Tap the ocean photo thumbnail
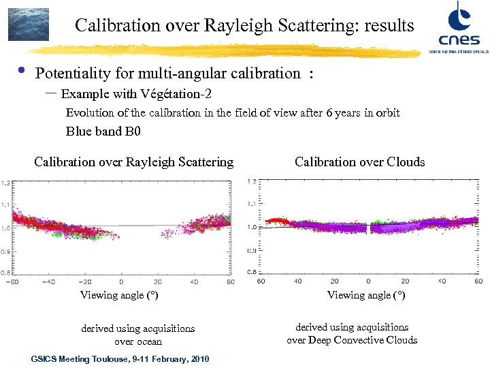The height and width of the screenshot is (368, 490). click(x=28, y=25)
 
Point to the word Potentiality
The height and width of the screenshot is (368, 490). click(x=73, y=74)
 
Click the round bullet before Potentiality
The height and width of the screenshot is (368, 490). click(x=21, y=70)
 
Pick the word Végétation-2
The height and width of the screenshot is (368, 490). click(x=180, y=93)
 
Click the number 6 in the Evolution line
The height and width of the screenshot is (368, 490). click(x=329, y=112)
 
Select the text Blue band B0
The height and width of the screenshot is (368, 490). click(x=103, y=132)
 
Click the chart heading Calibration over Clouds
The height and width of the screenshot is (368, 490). click(x=359, y=162)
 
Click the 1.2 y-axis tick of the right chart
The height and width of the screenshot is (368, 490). click(x=252, y=181)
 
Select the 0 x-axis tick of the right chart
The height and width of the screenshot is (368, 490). click(x=368, y=281)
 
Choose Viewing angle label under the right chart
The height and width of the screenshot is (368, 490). click(x=366, y=295)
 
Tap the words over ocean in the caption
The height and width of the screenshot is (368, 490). click(x=138, y=341)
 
